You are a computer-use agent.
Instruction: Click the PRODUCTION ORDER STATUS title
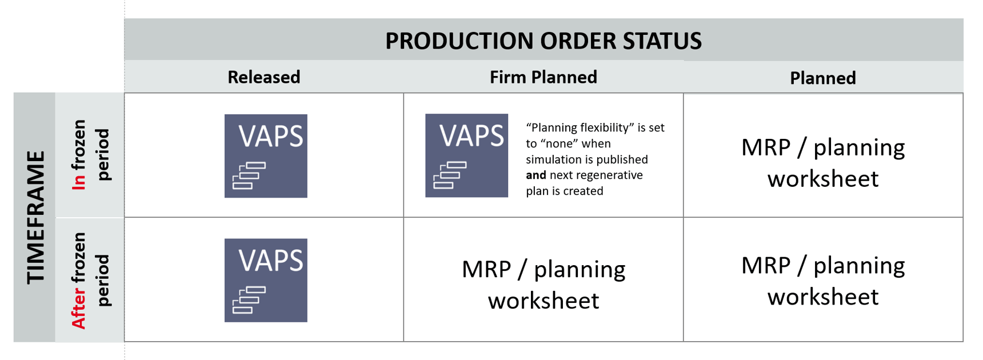click(x=543, y=41)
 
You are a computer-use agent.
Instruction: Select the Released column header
click(x=263, y=77)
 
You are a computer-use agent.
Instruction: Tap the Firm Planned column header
click(x=543, y=77)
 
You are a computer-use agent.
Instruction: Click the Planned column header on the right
click(x=822, y=78)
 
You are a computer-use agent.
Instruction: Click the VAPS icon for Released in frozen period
click(x=266, y=155)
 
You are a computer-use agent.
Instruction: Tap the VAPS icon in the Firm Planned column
click(x=466, y=155)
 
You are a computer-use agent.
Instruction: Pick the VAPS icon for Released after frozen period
click(x=266, y=280)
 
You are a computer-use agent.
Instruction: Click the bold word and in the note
click(x=536, y=175)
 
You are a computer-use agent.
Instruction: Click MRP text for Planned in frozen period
click(x=766, y=147)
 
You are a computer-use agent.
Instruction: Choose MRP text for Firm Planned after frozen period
click(x=486, y=269)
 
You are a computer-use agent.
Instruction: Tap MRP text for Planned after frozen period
click(x=766, y=266)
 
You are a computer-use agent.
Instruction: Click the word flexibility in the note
click(x=606, y=127)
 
